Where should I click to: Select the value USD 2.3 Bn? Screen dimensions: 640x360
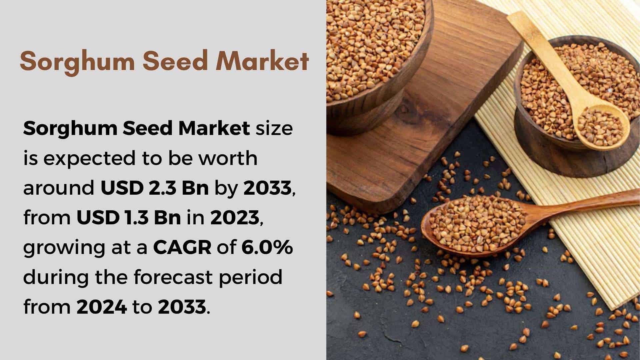[155, 188]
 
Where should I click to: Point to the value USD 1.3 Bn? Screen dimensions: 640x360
[129, 218]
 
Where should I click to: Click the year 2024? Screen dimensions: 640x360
[102, 307]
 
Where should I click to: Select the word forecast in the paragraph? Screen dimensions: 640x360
[173, 277]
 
